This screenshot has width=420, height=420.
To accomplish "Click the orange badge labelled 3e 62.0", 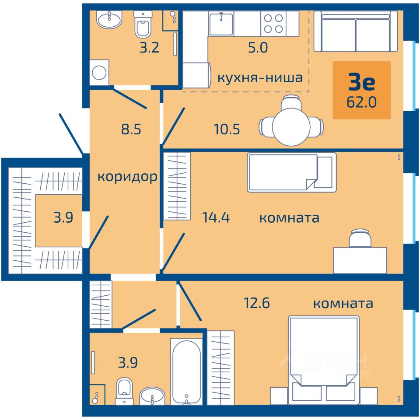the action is [362, 90].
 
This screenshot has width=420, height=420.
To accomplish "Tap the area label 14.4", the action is [216, 217].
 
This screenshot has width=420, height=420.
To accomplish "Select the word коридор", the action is [127, 177].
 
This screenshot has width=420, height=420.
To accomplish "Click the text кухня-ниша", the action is [260, 78].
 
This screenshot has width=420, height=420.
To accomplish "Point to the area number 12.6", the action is [257, 303].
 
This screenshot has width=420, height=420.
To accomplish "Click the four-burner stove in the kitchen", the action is [273, 24].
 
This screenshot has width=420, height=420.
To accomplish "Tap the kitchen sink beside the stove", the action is [221, 24].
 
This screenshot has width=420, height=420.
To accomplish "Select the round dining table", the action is [291, 126].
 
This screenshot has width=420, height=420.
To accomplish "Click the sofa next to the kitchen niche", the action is [356, 31].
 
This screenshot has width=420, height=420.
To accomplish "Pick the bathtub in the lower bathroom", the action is [186, 371].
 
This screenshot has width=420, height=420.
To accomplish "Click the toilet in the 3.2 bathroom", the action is [143, 24].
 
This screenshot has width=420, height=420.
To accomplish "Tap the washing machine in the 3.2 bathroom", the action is [99, 72].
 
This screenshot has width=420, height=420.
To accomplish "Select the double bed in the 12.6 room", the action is [324, 360].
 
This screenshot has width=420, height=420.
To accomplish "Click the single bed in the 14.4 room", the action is [292, 172].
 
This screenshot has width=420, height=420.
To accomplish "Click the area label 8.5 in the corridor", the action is [131, 129].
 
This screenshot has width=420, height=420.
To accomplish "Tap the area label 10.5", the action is [227, 129].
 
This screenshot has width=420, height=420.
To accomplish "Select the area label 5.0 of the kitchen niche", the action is [258, 48].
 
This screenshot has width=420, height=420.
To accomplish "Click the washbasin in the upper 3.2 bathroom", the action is [109, 20].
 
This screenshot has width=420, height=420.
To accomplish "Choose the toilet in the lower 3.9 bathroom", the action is [124, 391].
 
